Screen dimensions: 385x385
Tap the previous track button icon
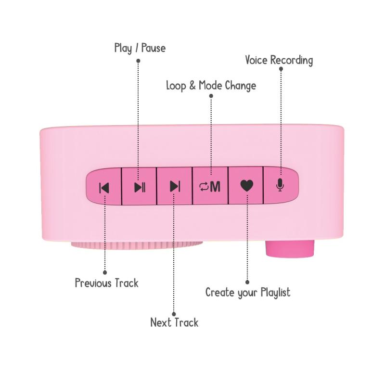point(104,188)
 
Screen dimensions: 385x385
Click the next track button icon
point(175,186)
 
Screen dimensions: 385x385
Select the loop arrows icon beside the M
point(204,187)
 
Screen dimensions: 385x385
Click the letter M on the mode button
point(215,187)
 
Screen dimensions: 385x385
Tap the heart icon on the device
point(247,186)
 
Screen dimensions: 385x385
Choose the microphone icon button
point(280,185)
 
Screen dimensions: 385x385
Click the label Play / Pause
point(140,48)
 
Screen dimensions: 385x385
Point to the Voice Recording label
point(279,61)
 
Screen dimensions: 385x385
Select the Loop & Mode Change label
point(211,86)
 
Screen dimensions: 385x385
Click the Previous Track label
point(106,283)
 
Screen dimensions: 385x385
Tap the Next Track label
point(174,322)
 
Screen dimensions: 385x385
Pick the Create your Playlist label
point(248,293)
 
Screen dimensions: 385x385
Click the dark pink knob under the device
point(290,249)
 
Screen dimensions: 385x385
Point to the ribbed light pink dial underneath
point(137,245)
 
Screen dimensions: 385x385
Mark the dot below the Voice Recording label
point(281,69)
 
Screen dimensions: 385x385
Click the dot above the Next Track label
point(174,314)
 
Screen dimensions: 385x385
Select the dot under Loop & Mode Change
point(211,96)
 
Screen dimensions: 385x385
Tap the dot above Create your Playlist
point(247,282)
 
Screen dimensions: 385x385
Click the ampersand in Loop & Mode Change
point(192,86)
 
